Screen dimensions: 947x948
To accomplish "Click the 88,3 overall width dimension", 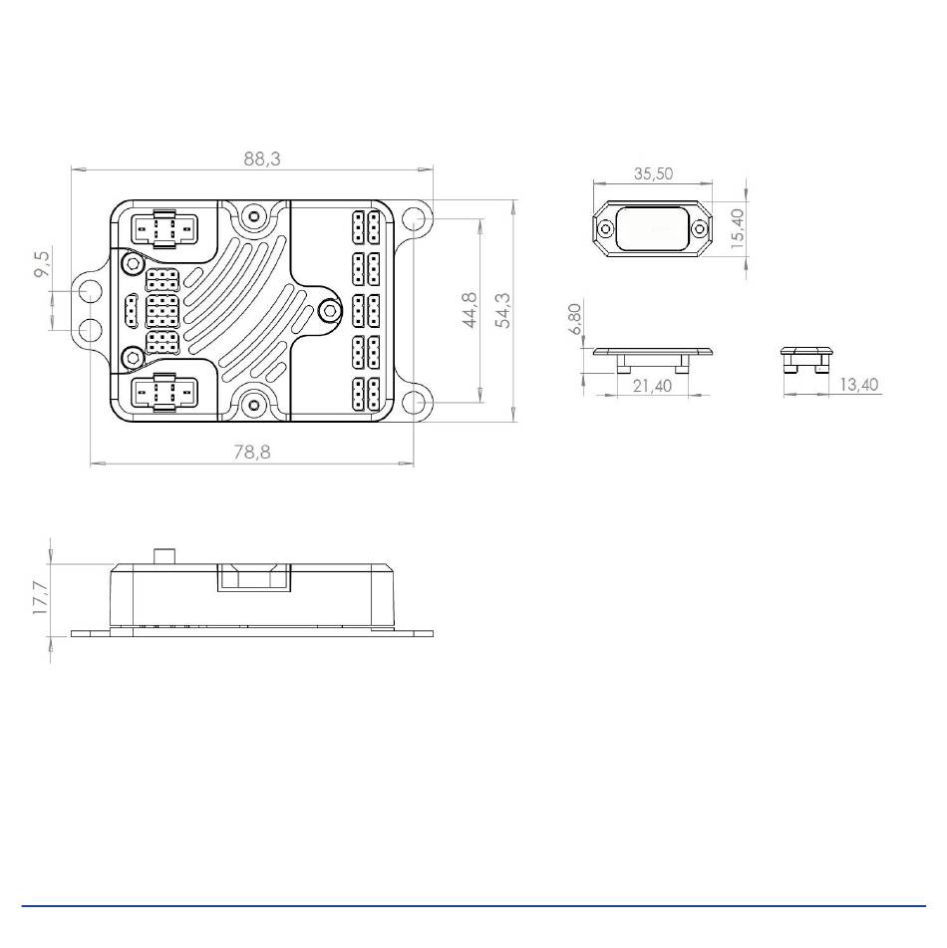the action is [x=262, y=159].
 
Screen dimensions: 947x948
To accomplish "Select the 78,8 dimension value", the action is [x=252, y=453].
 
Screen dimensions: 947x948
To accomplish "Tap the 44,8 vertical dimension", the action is [x=470, y=310].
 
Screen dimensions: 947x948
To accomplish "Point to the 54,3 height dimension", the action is [x=502, y=310].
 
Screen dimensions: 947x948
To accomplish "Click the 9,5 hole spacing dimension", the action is [x=43, y=264].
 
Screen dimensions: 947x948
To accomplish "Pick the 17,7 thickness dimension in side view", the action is [x=41, y=598].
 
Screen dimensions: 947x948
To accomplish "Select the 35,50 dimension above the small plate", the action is [x=653, y=174].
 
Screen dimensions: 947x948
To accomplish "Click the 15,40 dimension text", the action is [x=737, y=228].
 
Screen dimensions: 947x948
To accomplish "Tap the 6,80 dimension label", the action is [x=575, y=319].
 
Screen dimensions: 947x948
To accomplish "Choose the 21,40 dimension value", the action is [x=652, y=386].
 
